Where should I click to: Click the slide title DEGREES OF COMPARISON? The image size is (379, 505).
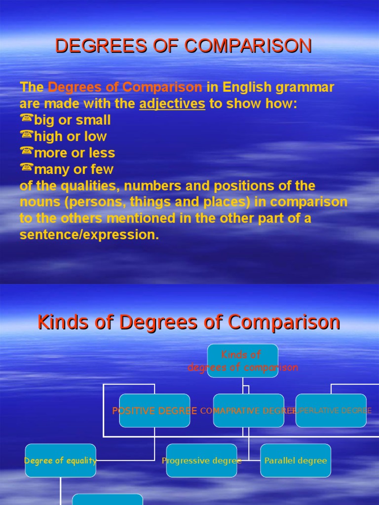(183, 46)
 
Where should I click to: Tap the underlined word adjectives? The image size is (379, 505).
(172, 104)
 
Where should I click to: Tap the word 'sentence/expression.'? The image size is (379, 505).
(89, 235)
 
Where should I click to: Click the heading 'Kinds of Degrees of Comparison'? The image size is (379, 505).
(189, 323)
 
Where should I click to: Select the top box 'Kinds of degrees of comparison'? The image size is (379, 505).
(242, 361)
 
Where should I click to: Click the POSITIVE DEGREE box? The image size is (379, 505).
(154, 410)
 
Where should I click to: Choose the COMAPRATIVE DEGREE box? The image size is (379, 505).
(248, 410)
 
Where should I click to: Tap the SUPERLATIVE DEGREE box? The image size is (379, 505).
(331, 410)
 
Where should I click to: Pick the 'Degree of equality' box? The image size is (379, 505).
(60, 461)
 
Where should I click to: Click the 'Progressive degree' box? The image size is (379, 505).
(201, 461)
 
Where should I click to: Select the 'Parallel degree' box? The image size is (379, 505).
(296, 461)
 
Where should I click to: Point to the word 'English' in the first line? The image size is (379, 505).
(247, 88)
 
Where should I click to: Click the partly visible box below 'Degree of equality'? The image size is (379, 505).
(107, 499)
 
